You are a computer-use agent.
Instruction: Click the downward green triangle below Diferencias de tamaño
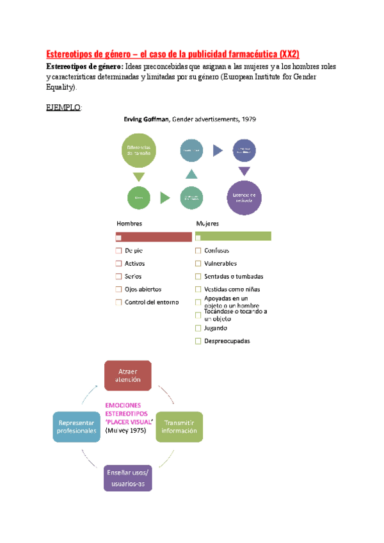pos(138,177)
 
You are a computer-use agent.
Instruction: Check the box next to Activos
pos(118,264)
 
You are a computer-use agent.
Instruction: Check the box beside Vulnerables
pos(198,264)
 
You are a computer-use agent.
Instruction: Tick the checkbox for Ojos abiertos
pos(118,289)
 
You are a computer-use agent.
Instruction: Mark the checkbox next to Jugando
pos(198,328)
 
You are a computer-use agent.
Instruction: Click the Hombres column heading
pos(129,223)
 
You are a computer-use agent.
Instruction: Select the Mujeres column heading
pos(207,223)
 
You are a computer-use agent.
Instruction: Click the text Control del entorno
pos(152,302)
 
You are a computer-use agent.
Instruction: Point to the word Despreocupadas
pos(227,341)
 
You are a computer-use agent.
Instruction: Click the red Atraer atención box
pos(128,375)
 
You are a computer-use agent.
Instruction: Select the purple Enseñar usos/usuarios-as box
pos(128,477)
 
